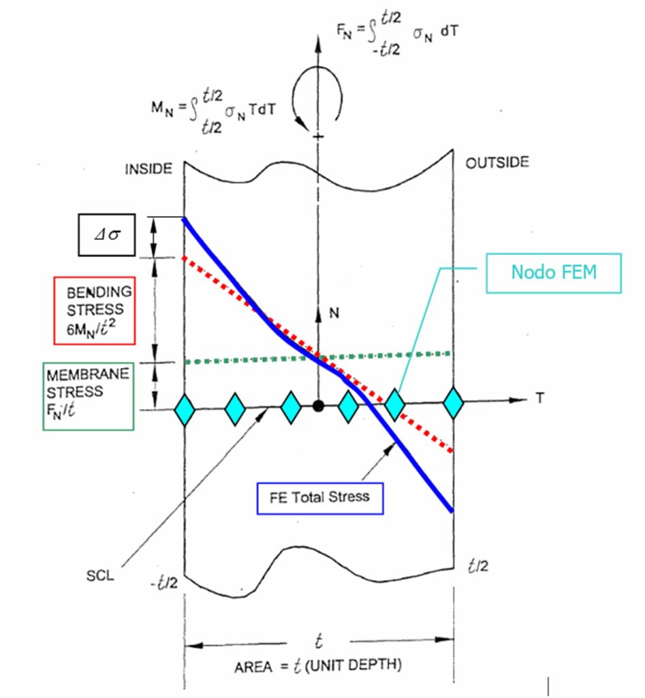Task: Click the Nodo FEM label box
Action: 553,273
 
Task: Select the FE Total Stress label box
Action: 320,498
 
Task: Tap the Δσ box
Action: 107,234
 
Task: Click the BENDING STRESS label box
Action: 94,310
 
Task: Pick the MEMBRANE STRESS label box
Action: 89,396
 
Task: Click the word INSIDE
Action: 148,169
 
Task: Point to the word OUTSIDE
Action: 497,162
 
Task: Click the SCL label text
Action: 100,575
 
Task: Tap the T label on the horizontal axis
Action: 539,397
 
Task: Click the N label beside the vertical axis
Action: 334,313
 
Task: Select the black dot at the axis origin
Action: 317,406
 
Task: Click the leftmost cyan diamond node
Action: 184,410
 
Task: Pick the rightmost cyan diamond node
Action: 454,403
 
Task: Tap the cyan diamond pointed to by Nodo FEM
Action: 394,404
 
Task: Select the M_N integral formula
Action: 213,111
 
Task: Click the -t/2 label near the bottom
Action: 163,583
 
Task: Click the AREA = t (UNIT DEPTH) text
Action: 318,665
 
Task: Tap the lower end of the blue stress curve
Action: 452,511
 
